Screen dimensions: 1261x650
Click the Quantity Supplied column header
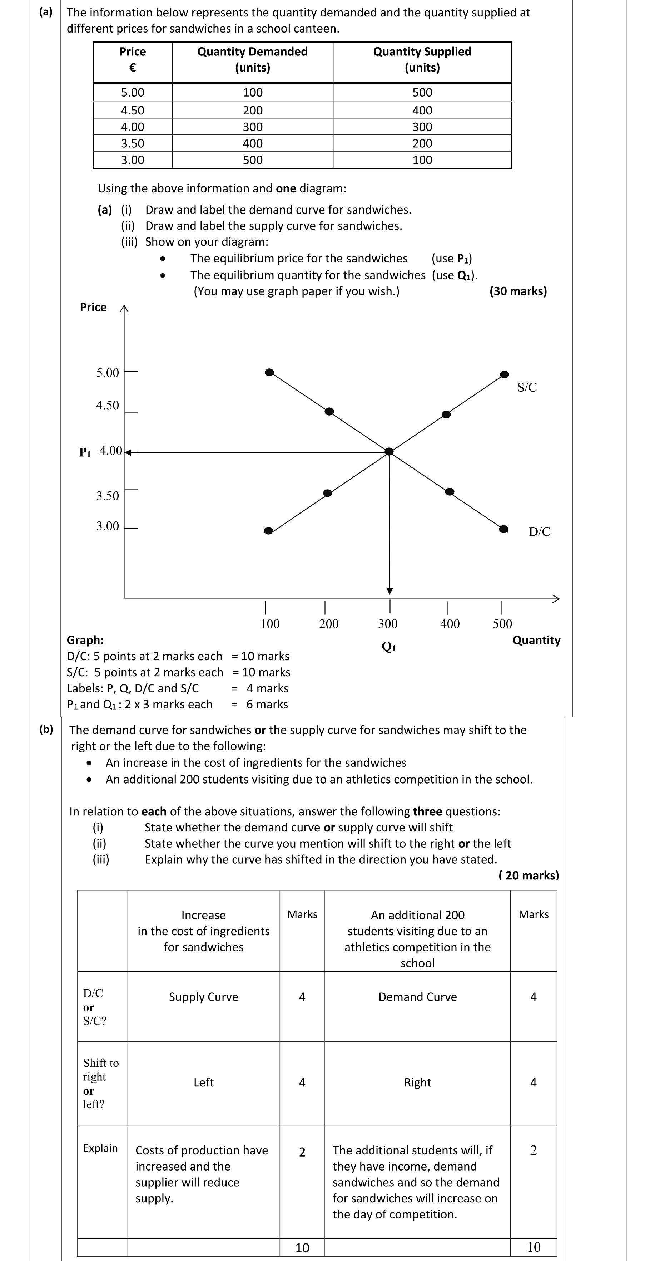(422, 59)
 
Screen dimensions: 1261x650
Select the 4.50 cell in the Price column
(133, 110)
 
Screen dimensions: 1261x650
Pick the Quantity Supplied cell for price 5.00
(422, 93)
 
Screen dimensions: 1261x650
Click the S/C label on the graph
(527, 387)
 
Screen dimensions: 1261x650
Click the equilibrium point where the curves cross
(389, 451)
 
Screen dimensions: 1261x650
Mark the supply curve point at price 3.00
(268, 531)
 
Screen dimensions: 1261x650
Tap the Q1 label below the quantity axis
(389, 647)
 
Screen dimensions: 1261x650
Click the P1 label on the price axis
(85, 452)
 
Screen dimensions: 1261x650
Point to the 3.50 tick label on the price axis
(108, 496)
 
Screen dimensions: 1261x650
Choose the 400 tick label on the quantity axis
(450, 624)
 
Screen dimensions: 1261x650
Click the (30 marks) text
(518, 291)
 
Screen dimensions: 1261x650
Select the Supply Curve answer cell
(203, 997)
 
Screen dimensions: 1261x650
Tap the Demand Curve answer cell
(417, 997)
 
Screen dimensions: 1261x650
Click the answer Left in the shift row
(203, 1082)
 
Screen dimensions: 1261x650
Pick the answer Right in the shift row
(417, 1082)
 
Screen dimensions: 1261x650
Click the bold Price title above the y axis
(93, 308)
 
